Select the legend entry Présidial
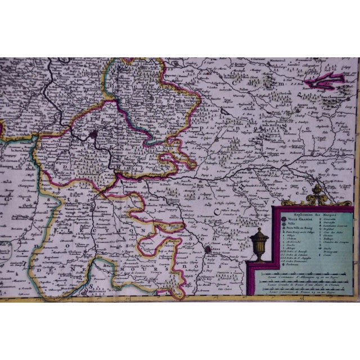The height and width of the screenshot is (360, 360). [328, 229]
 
